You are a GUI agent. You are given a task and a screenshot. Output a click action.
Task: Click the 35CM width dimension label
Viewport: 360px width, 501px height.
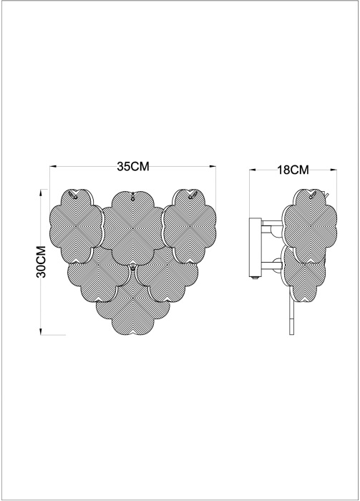[132, 166]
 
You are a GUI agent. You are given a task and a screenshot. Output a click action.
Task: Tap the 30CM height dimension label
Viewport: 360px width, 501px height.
[42, 262]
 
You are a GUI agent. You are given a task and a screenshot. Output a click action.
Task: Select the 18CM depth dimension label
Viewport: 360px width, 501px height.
[293, 170]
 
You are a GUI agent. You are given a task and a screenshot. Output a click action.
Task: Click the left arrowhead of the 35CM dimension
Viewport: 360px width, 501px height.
[53, 167]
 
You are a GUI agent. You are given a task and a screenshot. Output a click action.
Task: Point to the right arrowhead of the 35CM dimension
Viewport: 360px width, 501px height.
[213, 167]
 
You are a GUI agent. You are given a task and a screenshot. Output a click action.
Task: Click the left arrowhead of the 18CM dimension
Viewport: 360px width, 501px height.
[253, 170]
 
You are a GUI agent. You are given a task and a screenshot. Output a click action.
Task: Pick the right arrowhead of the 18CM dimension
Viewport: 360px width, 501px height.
[334, 170]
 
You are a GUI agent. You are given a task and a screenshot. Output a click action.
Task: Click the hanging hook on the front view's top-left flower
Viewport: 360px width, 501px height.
[74, 195]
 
